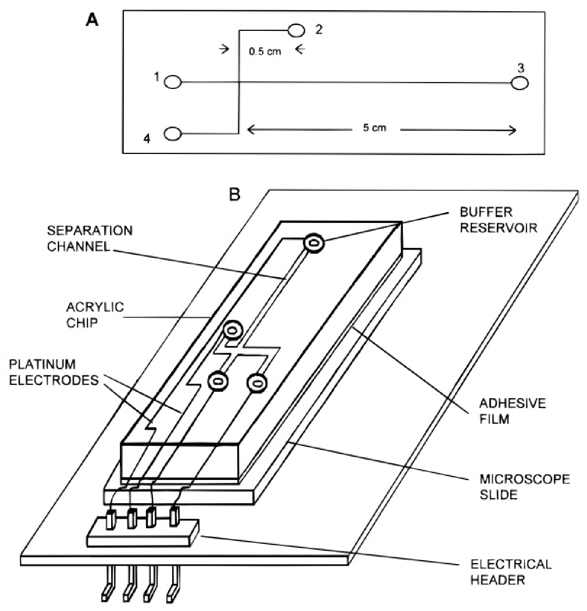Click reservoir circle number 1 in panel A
pos(173,82)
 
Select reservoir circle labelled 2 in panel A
pos(296,30)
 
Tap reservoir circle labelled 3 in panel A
pos(519,83)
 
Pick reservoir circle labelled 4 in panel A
pos(173,134)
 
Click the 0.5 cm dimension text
pos(265,51)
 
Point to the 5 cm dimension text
pos(375,128)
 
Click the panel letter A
pos(92,20)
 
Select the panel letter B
pos(235,195)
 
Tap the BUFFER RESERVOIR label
pos(498,220)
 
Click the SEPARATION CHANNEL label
pos(89,239)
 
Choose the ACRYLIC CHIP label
pos(94,315)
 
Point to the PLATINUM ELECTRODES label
pos(54,372)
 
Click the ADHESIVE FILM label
pos(512,411)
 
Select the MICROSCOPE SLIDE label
pos(525,486)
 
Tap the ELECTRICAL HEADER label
pos(511,572)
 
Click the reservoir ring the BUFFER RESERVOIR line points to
pos(314,243)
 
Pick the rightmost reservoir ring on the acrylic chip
pos(257,383)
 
